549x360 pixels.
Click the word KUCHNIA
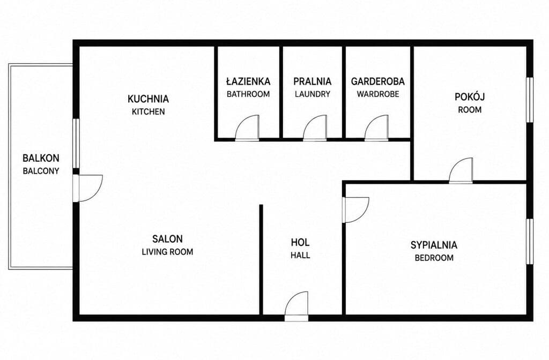pyautogui.click(x=148, y=99)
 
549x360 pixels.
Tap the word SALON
pyautogui.click(x=167, y=239)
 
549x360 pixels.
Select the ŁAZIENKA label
pyautogui.click(x=248, y=81)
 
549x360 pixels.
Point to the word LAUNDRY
pyautogui.click(x=313, y=94)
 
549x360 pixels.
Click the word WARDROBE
pyautogui.click(x=378, y=94)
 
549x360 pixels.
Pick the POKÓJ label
pyautogui.click(x=470, y=96)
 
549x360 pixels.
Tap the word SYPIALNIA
pyautogui.click(x=434, y=245)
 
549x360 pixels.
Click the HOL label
pyautogui.click(x=300, y=243)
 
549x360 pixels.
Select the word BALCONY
pyautogui.click(x=41, y=171)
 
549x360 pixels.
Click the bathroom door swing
pyautogui.click(x=247, y=127)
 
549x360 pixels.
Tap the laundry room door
pyautogui.click(x=315, y=127)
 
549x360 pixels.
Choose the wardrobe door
pyautogui.click(x=376, y=127)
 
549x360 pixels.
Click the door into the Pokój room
pyautogui.click(x=461, y=170)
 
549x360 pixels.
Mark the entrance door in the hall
pyautogui.click(x=296, y=306)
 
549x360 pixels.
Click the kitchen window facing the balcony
pyautogui.click(x=76, y=144)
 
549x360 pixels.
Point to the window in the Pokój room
pyautogui.click(x=530, y=100)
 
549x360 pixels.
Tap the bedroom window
pyautogui.click(x=530, y=242)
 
